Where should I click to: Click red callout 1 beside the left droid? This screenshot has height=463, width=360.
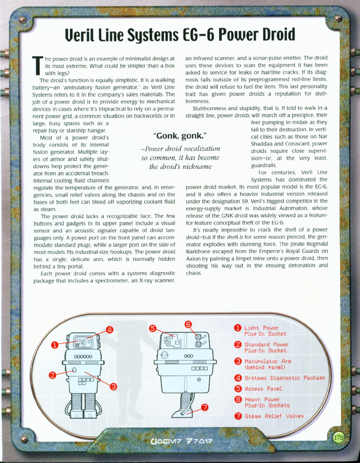tap(54, 345)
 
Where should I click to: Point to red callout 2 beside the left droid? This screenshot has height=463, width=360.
tap(53, 375)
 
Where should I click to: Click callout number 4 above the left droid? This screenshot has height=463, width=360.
tap(109, 330)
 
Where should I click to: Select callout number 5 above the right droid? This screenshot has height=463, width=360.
tap(152, 329)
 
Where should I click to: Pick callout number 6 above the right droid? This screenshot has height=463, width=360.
tap(188, 324)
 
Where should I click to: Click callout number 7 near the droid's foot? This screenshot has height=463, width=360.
tap(205, 407)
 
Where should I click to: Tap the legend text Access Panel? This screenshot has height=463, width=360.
tap(263, 388)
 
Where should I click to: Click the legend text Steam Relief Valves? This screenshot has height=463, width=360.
tap(274, 416)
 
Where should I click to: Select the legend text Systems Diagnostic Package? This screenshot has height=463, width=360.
tap(284, 378)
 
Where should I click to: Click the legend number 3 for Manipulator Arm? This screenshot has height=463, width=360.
tap(238, 361)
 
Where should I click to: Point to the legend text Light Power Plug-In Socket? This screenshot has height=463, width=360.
tap(265, 331)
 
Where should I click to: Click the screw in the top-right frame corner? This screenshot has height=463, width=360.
tap(338, 19)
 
